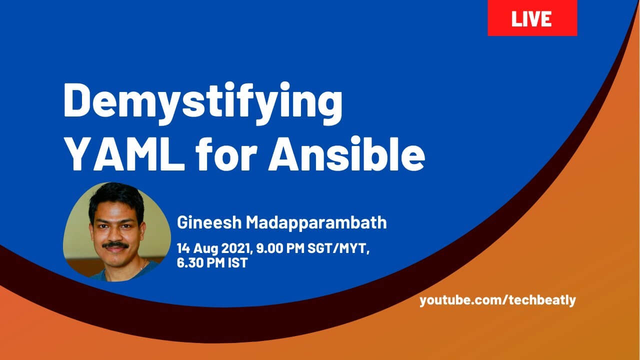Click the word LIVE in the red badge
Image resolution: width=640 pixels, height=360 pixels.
[531, 19]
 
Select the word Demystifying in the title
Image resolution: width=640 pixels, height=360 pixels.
[203, 103]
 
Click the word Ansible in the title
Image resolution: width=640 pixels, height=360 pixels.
[346, 153]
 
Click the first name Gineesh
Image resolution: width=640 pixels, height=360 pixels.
[209, 222]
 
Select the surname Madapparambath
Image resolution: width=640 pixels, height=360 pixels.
[316, 222]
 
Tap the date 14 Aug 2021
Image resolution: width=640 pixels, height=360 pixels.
[215, 248]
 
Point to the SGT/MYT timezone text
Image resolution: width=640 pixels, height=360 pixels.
[338, 248]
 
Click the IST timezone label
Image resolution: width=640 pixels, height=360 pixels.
[237, 262]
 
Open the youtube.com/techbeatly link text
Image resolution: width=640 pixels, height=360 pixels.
[497, 300]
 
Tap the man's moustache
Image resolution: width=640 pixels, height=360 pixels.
[115, 245]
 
